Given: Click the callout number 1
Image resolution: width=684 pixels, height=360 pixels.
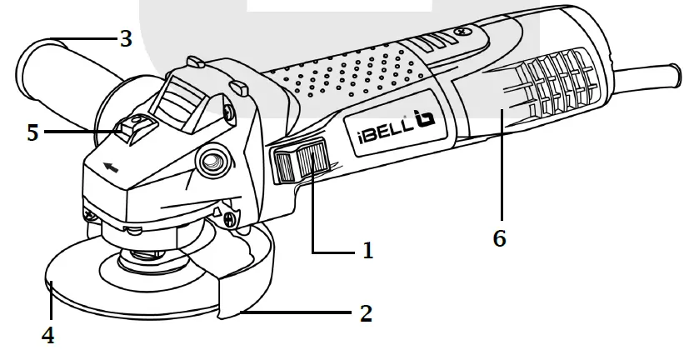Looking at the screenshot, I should click(x=367, y=251).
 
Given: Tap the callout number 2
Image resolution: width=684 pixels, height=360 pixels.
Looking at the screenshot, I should click(x=364, y=313).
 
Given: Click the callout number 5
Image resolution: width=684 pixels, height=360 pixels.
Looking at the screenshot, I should click(x=32, y=132).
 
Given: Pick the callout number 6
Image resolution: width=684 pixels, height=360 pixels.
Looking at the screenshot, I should click(x=499, y=238).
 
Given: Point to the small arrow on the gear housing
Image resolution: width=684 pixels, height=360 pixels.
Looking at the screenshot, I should click(x=109, y=167).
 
